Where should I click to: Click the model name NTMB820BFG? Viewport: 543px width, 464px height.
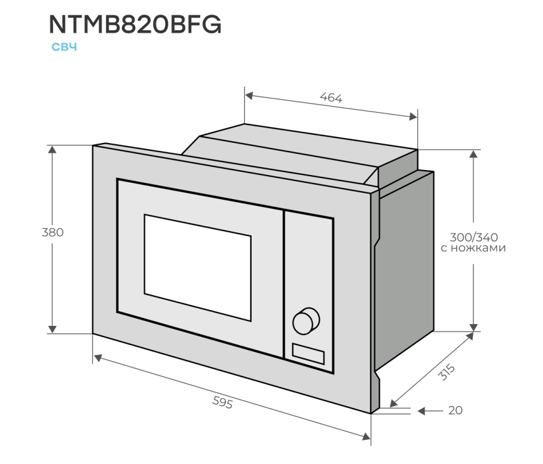click(x=135, y=24)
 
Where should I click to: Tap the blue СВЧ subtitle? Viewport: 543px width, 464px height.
click(x=64, y=48)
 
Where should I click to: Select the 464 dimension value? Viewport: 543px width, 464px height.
click(x=331, y=97)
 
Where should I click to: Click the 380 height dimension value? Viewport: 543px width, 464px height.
click(x=52, y=232)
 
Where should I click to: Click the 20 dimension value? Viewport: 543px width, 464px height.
click(x=456, y=411)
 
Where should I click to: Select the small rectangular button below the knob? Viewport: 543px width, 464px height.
click(x=308, y=352)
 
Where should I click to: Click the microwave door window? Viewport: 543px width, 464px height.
click(x=197, y=266)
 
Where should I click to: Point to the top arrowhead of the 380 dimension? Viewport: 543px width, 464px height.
click(x=53, y=150)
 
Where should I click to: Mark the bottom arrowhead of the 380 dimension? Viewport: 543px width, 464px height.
click(x=53, y=328)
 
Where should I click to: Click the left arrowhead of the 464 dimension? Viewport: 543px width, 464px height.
click(x=249, y=95)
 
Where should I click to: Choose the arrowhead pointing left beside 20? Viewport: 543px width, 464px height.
click(x=422, y=411)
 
